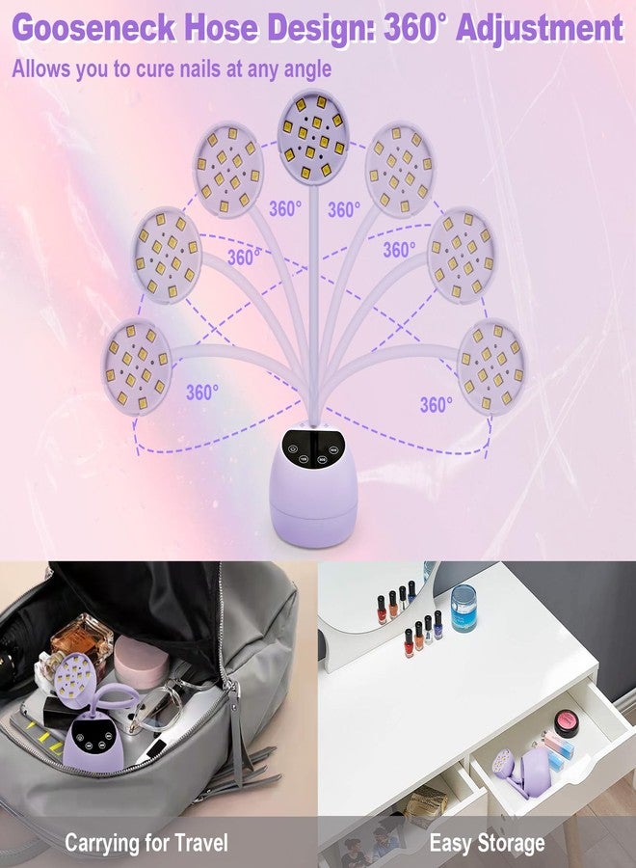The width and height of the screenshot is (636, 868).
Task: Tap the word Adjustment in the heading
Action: [540, 29]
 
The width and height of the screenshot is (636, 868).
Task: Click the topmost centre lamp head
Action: [309, 127]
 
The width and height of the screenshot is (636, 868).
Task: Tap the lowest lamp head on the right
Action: [491, 364]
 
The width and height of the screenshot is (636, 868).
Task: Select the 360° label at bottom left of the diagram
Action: [202, 393]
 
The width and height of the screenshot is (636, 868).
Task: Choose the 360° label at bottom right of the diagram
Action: [436, 405]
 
